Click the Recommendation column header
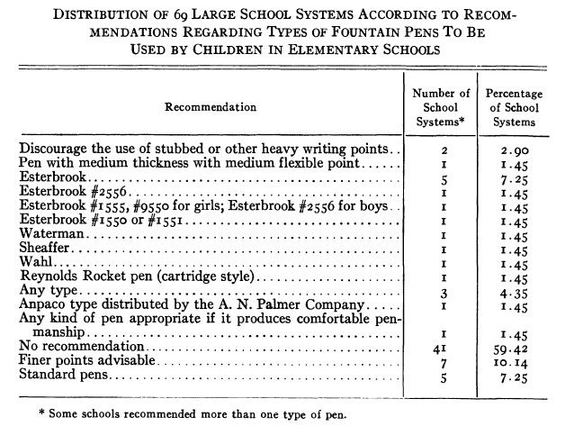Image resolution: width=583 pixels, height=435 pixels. pyautogui.click(x=210, y=107)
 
